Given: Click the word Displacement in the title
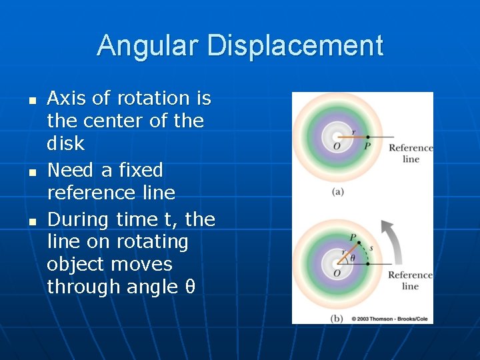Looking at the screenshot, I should [295, 46].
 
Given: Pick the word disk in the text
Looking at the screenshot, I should [65, 143].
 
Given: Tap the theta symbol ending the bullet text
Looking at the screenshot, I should [189, 287].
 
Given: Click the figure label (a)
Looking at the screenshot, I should [337, 191].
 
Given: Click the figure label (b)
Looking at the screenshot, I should [337, 319].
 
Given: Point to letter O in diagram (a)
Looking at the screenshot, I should [336, 147].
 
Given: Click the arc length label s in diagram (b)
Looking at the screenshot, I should [371, 249].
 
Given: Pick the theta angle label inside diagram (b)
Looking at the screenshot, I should [353, 257].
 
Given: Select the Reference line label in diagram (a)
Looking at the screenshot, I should [411, 153].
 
